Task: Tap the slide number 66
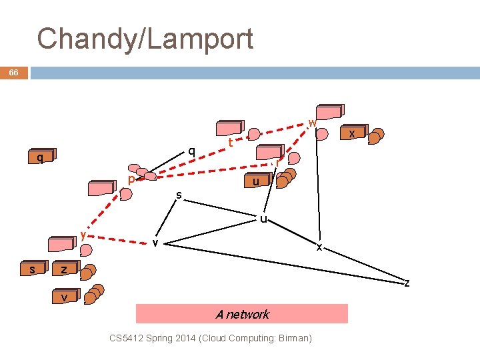coord(13,73)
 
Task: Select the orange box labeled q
coord(41,157)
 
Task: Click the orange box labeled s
coord(33,269)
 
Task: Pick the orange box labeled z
coord(64,269)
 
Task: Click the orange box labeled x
coord(352,134)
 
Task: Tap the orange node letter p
coord(131,180)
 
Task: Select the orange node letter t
coord(230,143)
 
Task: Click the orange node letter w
coord(312,123)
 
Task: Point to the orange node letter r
coord(278,161)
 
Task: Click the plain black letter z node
coord(407,283)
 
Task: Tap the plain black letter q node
coord(191,151)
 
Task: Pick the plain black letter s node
coord(178,195)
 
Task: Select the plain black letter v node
coord(155,243)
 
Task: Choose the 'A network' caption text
coord(242,314)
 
